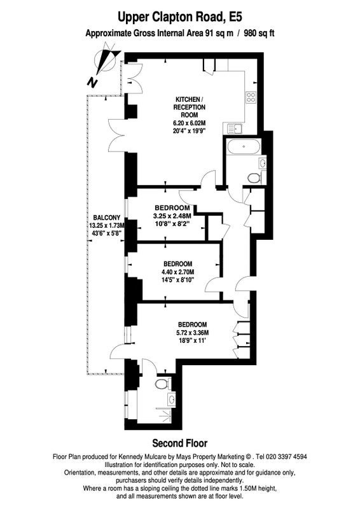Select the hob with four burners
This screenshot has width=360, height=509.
pos(251,97)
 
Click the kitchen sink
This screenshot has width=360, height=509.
pos(233,129)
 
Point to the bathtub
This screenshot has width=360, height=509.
pos(244,147)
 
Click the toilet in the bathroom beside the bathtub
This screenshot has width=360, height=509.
pos(254,178)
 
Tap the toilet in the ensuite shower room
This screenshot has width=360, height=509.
pos(162,384)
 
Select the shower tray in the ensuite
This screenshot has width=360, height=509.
pos(164,416)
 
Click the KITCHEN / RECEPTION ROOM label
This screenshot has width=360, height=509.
pos(190,107)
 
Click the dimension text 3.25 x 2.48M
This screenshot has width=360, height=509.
pos(172,216)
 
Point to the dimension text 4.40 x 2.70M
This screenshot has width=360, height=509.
pos(178,272)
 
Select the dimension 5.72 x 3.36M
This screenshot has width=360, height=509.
pos(193,333)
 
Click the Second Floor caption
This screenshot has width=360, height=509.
pos(180,443)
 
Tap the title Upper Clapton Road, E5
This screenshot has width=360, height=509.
pos(180,17)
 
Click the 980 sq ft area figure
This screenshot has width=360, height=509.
pos(259,33)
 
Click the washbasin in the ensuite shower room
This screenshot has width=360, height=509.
pos(171,398)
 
